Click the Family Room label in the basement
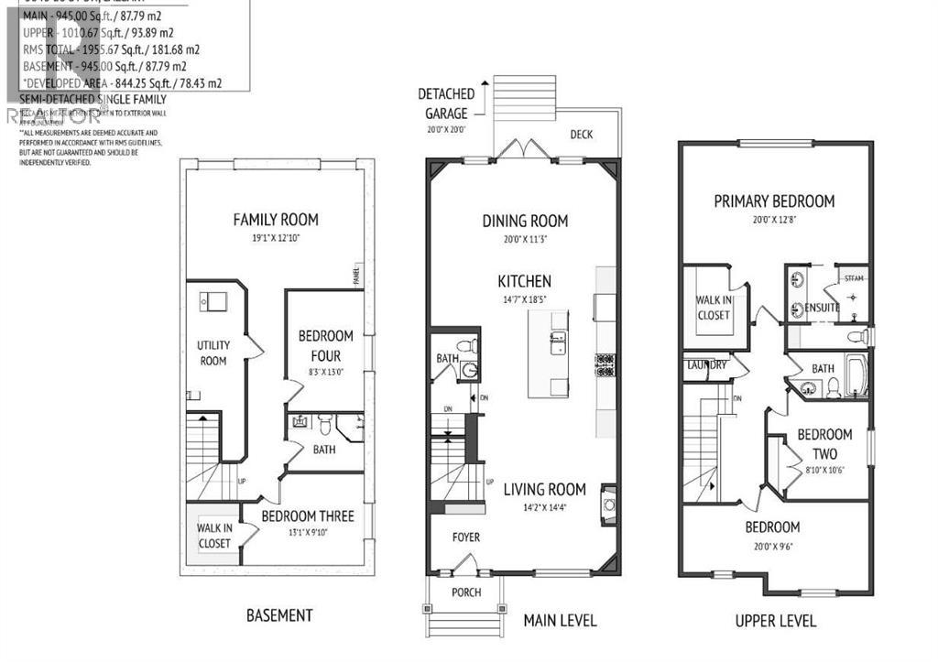pyautogui.click(x=276, y=220)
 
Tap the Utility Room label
pyautogui.click(x=213, y=353)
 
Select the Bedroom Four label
pyautogui.click(x=325, y=346)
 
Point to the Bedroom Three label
pyautogui.click(x=308, y=516)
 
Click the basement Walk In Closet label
pyautogui.click(x=214, y=536)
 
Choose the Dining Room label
pyautogui.click(x=525, y=221)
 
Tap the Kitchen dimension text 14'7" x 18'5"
pyautogui.click(x=524, y=298)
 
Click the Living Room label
pyautogui.click(x=544, y=489)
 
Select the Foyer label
pyautogui.click(x=465, y=537)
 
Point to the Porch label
pyautogui.click(x=466, y=591)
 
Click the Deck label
pyautogui.click(x=582, y=135)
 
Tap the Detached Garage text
pyautogui.click(x=446, y=103)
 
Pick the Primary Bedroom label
pyautogui.click(x=774, y=201)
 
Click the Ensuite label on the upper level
pyautogui.click(x=822, y=308)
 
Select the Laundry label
pyautogui.click(x=705, y=364)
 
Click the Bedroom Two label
pyautogui.click(x=823, y=444)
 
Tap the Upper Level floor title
pyautogui.click(x=775, y=621)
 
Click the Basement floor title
pyautogui.click(x=279, y=615)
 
